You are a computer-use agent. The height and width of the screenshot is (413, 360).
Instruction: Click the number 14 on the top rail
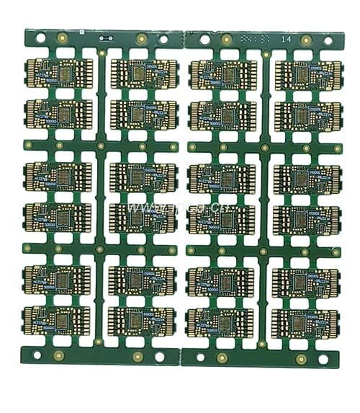(287, 38)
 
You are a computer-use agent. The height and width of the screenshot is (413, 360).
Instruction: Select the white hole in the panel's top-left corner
(40, 37)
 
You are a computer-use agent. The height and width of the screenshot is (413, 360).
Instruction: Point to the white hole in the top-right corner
(328, 40)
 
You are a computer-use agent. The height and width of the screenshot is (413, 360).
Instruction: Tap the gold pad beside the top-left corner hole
(64, 38)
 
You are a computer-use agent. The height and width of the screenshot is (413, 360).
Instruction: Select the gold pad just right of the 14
(306, 40)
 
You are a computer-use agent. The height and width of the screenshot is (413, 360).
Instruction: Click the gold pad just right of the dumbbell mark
(142, 39)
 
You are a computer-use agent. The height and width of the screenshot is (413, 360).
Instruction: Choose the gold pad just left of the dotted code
(227, 39)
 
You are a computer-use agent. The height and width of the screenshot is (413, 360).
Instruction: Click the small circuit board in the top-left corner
(59, 73)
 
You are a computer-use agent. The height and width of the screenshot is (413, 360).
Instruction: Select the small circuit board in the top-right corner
(305, 74)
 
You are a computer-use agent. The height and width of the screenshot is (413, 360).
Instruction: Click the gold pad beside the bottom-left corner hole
(59, 355)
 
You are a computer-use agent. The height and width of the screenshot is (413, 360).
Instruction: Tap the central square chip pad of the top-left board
(70, 72)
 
